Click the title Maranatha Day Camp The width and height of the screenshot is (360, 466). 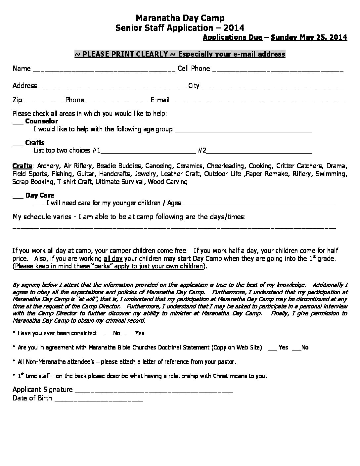[180, 18]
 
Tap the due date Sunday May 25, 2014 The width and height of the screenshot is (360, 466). [309, 37]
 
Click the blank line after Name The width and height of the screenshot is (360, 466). [104, 70]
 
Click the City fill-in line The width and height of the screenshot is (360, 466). [273, 87]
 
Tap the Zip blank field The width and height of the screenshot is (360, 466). [43, 101]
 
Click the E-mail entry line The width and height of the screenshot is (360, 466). [258, 101]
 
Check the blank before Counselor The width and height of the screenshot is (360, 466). [18, 122]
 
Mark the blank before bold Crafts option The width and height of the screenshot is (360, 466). [18, 144]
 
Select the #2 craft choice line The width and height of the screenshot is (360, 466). [259, 152]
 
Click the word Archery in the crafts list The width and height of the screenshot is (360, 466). [48, 166]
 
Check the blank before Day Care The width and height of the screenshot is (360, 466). [18, 197]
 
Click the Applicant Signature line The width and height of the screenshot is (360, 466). [154, 391]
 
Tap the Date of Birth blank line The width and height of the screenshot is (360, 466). [99, 399]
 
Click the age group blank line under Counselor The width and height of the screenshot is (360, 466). [243, 130]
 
